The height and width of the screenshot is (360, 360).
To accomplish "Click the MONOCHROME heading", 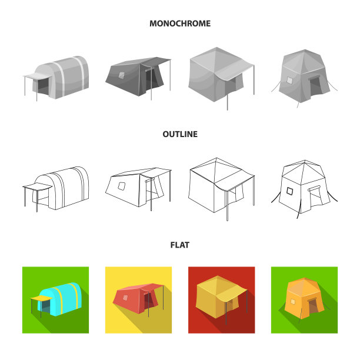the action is pos(180,24).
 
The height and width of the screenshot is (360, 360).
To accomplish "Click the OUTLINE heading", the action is pos(180,134).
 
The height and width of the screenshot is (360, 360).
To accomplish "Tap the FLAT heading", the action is pos(180,245).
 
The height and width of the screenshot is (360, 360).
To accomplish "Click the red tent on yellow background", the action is pos(138,298).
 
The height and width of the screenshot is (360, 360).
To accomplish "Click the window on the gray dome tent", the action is pos(290,81).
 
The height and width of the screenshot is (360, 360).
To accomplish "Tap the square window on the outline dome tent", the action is pos(290,191).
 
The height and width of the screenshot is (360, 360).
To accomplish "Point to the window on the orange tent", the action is pos(293,302).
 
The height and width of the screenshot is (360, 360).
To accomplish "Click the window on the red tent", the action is pos(125,298).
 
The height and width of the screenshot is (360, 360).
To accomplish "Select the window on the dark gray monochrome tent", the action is pos(121,75).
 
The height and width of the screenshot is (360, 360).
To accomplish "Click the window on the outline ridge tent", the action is pos(121,186).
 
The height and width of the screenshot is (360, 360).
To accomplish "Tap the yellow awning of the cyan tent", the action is pos(41,298).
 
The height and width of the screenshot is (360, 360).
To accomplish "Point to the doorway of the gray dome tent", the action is pos(315,86).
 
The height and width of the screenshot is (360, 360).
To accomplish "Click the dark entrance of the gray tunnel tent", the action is pos(44,86).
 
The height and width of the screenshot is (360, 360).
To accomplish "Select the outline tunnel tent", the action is pos(56,189).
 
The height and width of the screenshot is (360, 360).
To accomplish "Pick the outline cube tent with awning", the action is pos(221,189).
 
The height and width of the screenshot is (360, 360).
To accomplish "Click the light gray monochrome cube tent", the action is pos(221,78).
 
